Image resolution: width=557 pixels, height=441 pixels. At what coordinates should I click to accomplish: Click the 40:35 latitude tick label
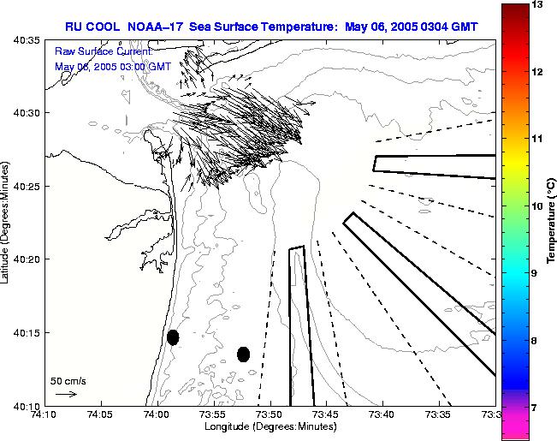click(27, 40)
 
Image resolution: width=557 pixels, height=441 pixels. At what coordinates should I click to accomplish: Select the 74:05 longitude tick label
click(101, 415)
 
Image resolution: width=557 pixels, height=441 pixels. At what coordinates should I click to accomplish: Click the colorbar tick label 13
click(536, 5)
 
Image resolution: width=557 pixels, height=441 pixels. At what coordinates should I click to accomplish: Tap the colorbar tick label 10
click(536, 206)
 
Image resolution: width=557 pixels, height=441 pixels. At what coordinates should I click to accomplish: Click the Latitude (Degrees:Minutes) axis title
click(6, 223)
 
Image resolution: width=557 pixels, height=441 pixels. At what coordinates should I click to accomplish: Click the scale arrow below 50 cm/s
click(65, 394)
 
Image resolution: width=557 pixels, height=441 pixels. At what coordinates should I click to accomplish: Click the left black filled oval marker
click(173, 337)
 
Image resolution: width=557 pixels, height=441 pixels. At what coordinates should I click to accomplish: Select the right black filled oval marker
click(243, 354)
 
